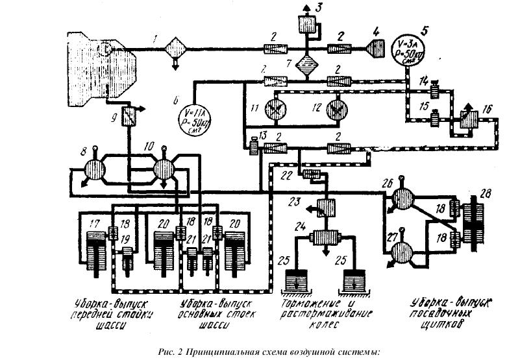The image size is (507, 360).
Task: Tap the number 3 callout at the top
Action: coord(318,8)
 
